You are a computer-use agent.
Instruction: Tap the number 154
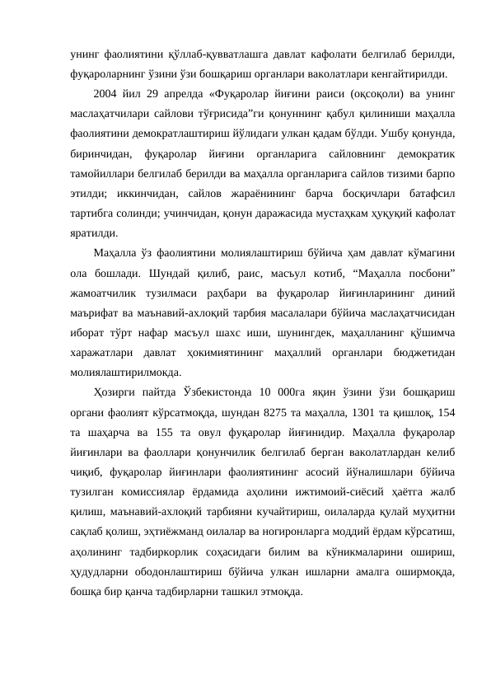click(x=449, y=416)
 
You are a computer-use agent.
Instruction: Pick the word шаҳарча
click(x=108, y=437)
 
